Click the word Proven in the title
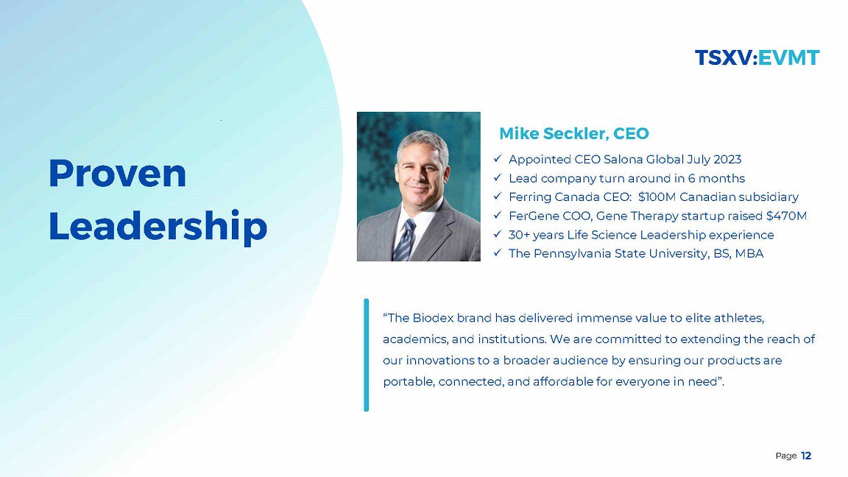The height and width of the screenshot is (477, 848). point(117,174)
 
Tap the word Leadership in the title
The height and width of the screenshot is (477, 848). point(158,227)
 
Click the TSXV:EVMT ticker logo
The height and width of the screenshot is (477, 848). point(757,58)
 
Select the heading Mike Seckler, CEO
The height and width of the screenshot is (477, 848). point(574,133)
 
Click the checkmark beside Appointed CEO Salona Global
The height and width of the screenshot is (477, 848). point(498,158)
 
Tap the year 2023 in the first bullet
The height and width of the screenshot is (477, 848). point(727,160)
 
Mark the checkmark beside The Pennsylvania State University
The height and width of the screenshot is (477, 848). point(498,252)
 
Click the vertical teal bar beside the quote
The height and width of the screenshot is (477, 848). point(366,355)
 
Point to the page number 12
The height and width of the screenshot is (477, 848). point(806,456)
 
